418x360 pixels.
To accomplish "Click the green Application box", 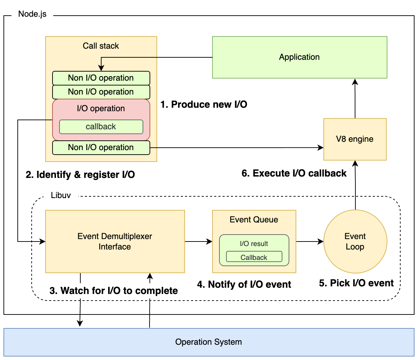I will point(299,57).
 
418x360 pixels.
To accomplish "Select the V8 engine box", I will point(355,139).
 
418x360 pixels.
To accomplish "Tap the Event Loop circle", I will point(355,242).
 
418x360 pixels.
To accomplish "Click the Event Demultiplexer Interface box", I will point(115,242).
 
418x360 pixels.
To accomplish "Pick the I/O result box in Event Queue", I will point(254,244).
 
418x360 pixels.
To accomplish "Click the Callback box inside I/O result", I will point(254,257).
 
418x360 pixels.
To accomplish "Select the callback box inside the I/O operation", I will point(101,127).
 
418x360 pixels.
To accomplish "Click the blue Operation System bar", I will point(209,342).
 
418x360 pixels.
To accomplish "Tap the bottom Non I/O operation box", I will point(101,148).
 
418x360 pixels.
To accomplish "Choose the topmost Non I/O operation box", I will point(101,78).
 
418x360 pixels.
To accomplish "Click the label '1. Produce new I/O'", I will point(204,105).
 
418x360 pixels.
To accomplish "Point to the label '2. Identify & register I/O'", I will point(80,175).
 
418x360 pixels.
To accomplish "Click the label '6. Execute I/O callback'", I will point(294,173).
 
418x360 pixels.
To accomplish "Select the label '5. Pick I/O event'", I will point(356,283).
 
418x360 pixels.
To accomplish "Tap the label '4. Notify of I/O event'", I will point(244,285).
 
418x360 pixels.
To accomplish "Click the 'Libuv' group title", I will point(61,196).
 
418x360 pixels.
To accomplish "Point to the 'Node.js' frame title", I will point(32,14).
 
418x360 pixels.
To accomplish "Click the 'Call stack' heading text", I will point(101,46).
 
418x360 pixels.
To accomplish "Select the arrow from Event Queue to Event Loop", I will point(310,242).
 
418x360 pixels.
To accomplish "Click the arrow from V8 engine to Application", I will point(355,99).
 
